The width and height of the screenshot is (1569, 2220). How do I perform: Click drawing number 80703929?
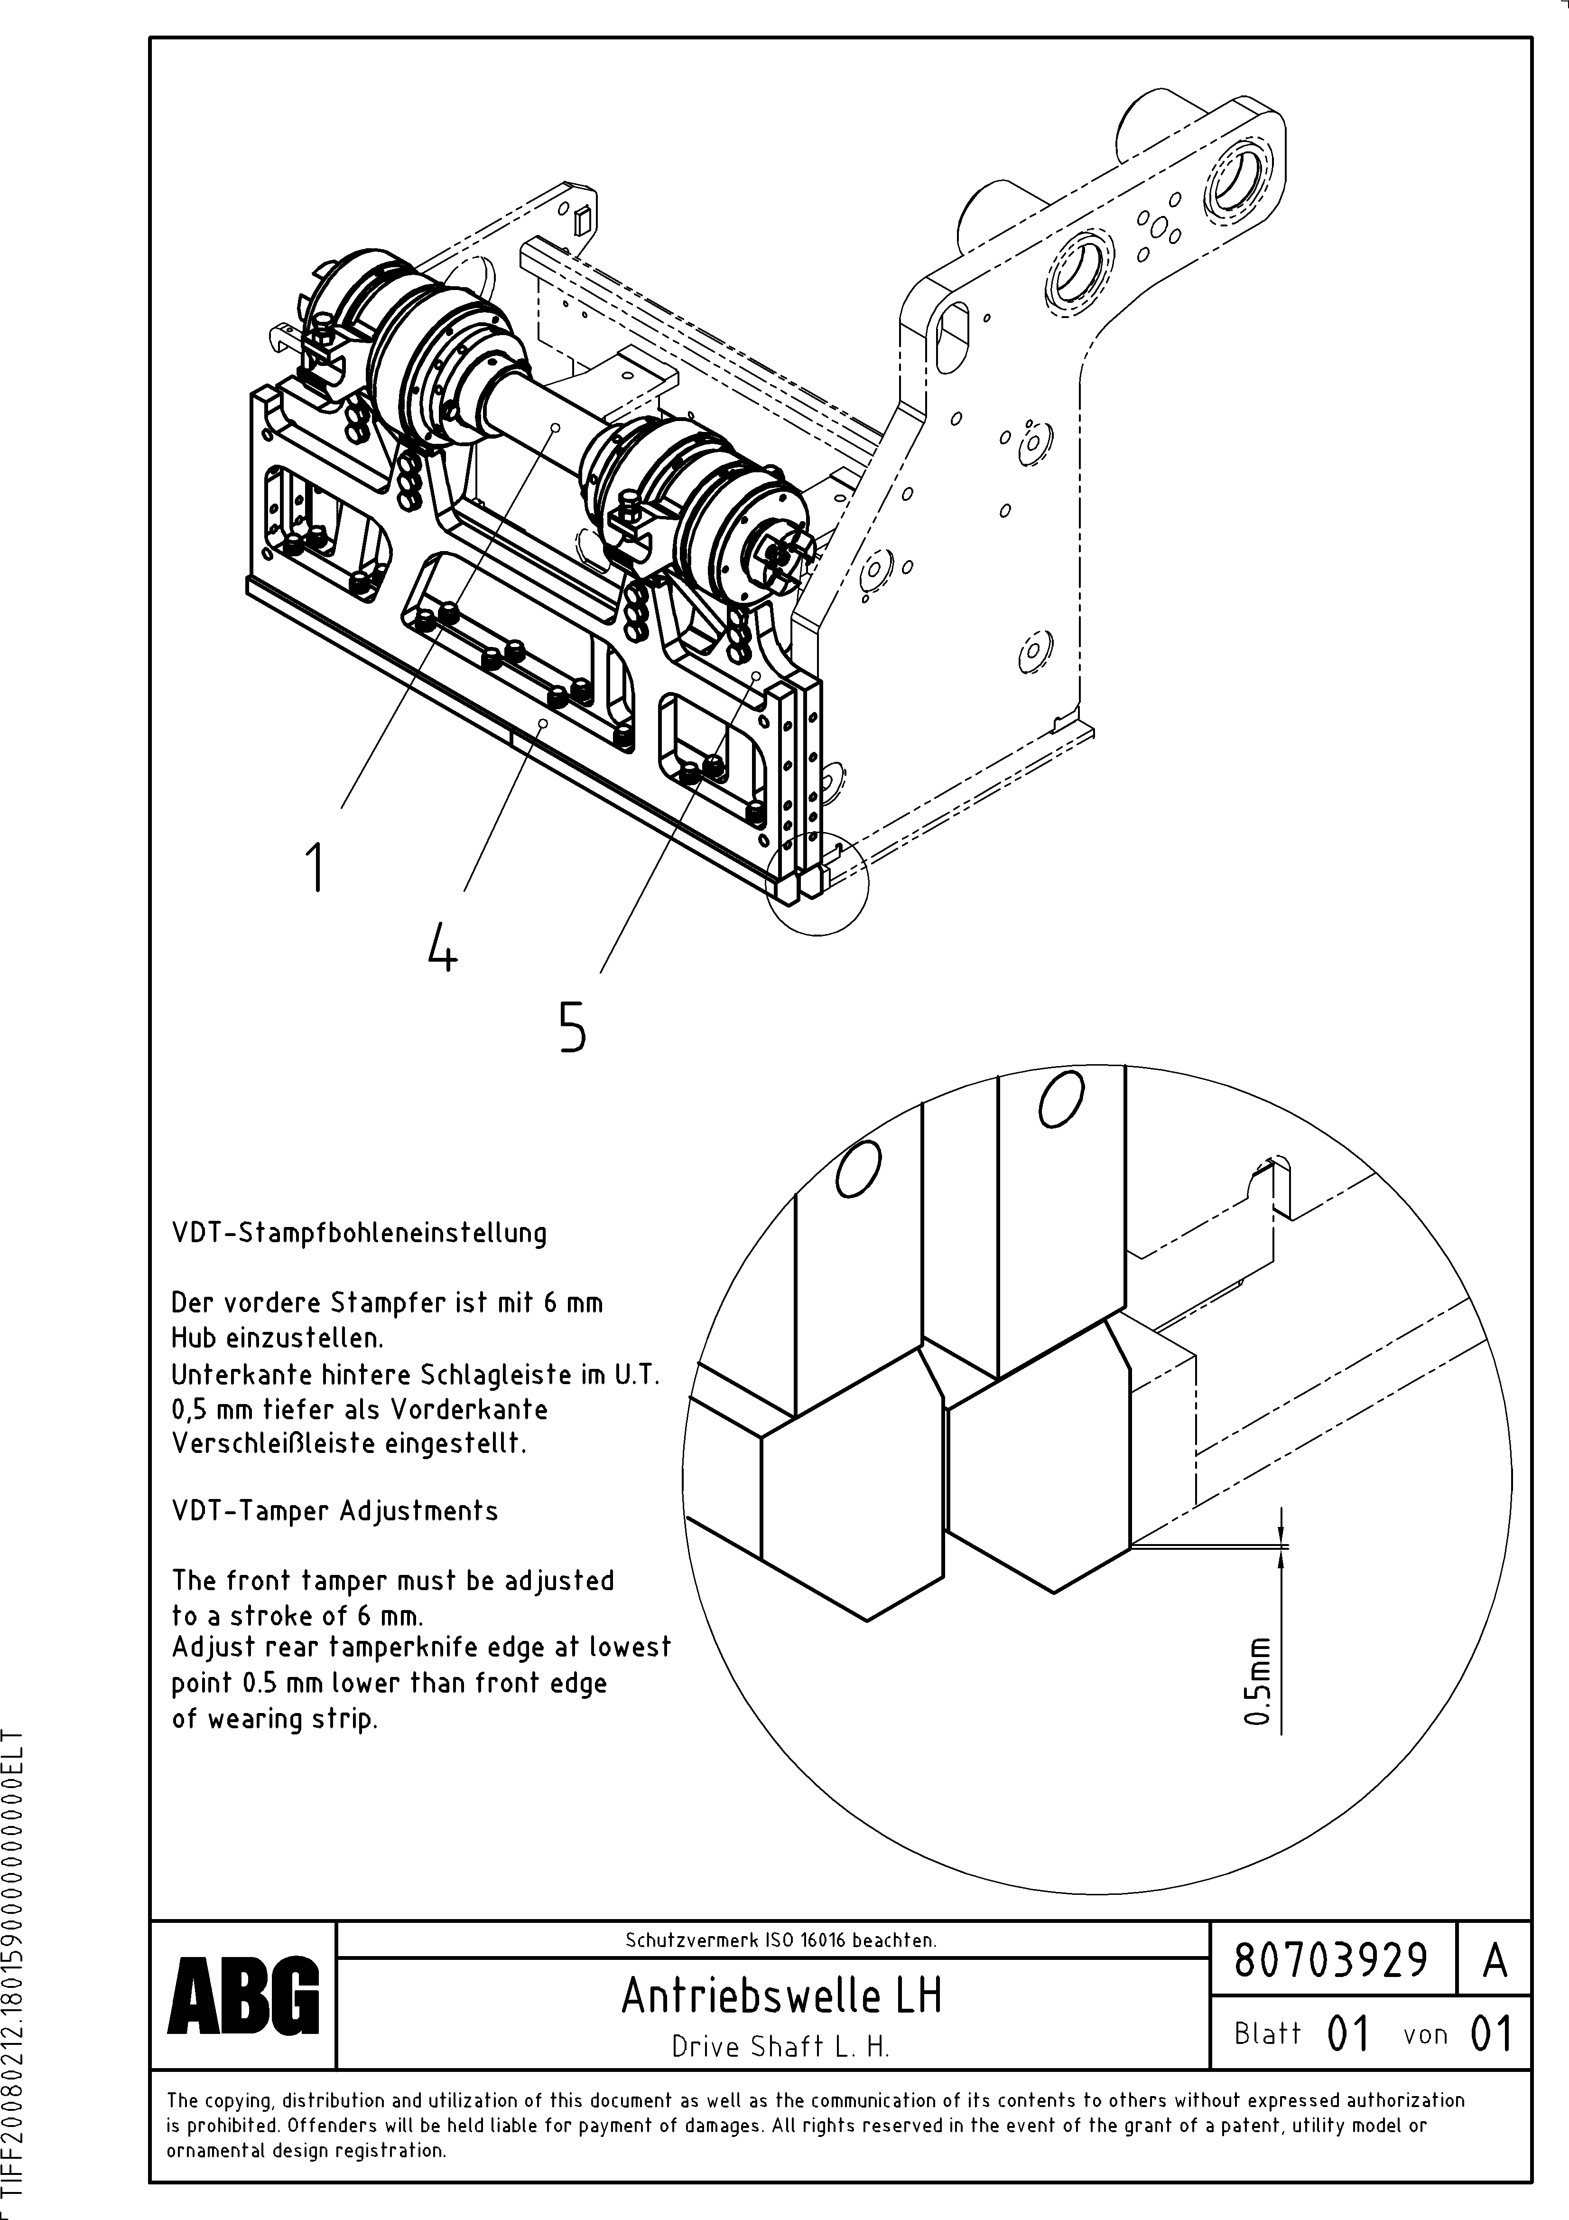click(x=1331, y=1961)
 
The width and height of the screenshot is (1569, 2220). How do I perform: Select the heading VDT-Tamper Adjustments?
click(x=334, y=1511)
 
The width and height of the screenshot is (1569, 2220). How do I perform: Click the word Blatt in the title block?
click(x=1267, y=2034)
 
